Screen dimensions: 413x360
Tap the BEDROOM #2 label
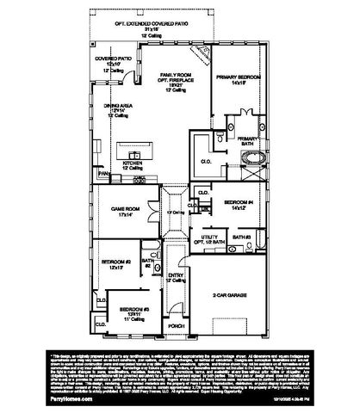[x=115, y=261]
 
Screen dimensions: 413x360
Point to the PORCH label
[x=177, y=326]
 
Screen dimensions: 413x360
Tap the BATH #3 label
[x=241, y=236]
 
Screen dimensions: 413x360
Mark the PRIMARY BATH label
[x=247, y=139]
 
